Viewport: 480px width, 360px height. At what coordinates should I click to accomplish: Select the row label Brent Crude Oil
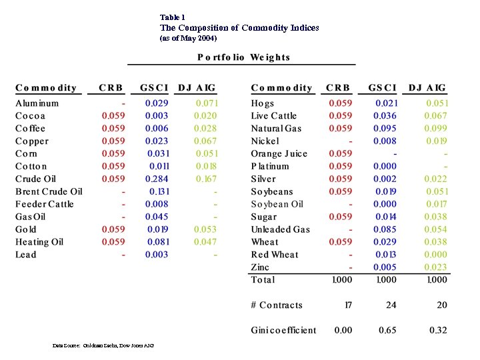[49, 191]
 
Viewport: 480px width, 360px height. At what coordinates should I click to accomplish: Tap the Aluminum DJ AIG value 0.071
[206, 103]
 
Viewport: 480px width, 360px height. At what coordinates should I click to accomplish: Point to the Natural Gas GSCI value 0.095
[385, 128]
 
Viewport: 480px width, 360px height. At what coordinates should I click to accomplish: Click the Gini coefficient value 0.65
[387, 330]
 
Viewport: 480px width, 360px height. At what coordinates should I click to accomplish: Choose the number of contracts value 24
[391, 305]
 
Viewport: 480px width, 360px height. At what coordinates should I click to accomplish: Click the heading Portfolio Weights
[243, 57]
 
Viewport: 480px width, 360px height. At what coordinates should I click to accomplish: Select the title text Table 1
[173, 17]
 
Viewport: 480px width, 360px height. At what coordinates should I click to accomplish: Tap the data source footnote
[103, 345]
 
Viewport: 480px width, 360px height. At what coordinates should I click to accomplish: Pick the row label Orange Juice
[279, 153]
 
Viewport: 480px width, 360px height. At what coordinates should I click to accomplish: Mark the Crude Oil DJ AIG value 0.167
[206, 179]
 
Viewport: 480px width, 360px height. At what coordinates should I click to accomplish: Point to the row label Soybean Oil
[277, 204]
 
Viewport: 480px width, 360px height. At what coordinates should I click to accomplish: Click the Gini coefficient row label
[283, 330]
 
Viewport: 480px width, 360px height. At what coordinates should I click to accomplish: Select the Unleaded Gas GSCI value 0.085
[385, 229]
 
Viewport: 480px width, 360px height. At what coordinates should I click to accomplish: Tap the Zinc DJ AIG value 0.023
[437, 267]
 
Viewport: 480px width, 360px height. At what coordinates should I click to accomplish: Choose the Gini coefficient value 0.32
[437, 330]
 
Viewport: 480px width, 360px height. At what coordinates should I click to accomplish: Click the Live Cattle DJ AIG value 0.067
[437, 115]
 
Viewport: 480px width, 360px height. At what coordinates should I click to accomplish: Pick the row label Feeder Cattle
[45, 204]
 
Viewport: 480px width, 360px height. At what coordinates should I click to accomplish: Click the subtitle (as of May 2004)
[188, 38]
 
